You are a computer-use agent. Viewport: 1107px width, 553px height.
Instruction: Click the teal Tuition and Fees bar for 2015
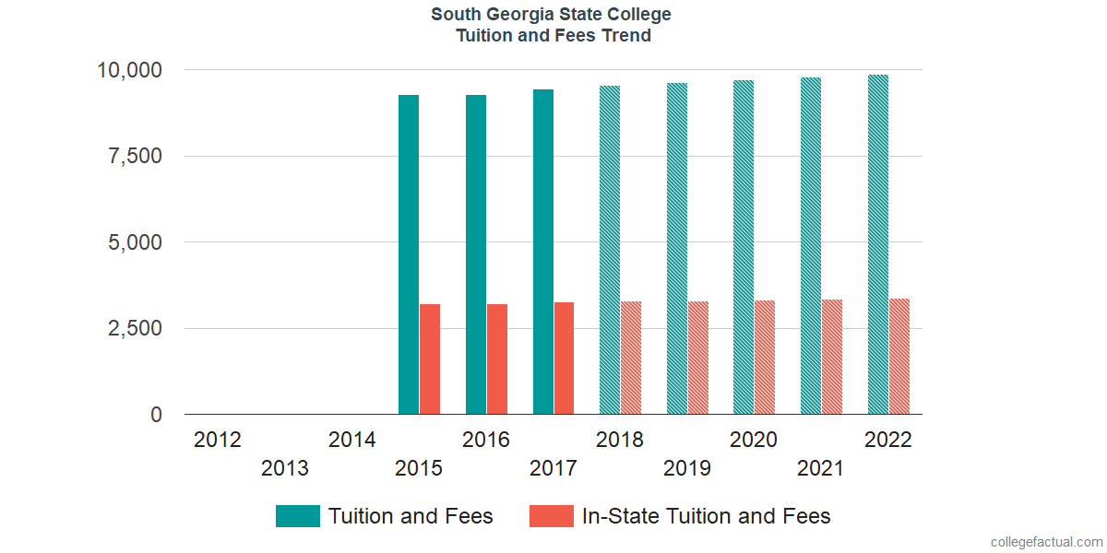[x=409, y=254]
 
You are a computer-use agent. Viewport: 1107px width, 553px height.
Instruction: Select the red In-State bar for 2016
[x=497, y=359]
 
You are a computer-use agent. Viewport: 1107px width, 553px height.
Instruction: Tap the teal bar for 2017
[x=543, y=252]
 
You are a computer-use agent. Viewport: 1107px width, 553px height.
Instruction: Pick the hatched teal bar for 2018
[x=610, y=250]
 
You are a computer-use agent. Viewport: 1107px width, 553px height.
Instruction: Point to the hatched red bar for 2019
[x=698, y=358]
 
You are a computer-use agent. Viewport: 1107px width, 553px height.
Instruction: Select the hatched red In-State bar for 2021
[x=832, y=357]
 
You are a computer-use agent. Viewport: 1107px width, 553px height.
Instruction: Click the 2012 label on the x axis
[x=218, y=440]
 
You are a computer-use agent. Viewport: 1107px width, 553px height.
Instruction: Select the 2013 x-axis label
[x=285, y=468]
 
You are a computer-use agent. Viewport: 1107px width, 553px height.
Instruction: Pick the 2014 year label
[x=351, y=440]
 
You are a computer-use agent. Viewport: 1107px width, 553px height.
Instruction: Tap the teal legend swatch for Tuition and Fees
[x=298, y=516]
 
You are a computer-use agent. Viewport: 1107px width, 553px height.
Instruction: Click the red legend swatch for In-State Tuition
[x=552, y=516]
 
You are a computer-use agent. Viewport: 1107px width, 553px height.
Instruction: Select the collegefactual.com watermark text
[x=1046, y=541]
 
